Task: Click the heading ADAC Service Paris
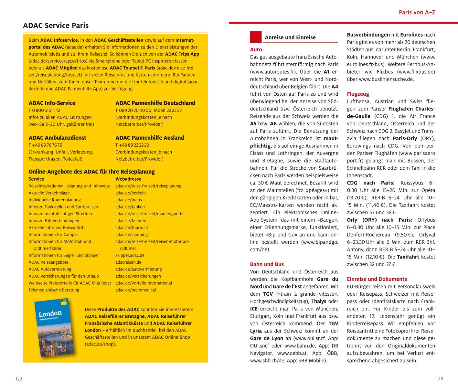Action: point(56,26)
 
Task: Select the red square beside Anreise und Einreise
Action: point(255,37)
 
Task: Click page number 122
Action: point(19,379)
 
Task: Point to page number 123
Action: point(439,379)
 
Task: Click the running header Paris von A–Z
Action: point(417,12)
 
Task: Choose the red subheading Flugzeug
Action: point(358,94)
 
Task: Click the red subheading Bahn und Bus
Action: point(267,264)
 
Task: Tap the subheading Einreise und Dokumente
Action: point(377,279)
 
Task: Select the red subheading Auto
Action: point(256,49)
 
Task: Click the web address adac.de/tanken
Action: point(130,207)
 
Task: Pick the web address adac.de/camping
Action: point(132,235)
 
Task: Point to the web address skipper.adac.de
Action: point(130,255)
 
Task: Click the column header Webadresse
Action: point(128,179)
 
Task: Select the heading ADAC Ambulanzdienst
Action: point(57,138)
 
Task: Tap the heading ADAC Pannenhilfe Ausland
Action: point(150,138)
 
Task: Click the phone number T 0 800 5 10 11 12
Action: point(44,111)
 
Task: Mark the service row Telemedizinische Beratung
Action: point(54,290)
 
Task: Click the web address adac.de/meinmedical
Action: point(135,290)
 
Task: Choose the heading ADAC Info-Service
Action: point(52,103)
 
